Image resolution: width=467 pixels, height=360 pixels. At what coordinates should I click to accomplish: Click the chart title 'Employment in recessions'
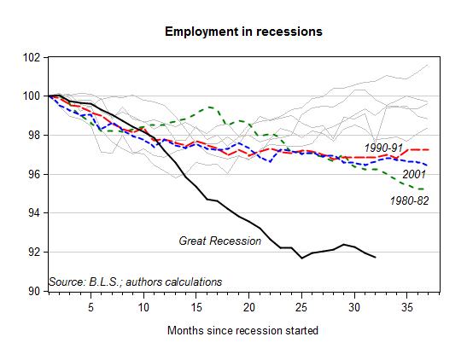click(x=243, y=32)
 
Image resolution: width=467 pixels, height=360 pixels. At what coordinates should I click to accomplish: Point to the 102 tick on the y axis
click(x=32, y=57)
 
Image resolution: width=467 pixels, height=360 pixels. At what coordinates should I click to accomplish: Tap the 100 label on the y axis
click(x=32, y=96)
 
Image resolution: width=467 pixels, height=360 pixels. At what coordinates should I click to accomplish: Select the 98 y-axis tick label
click(x=34, y=135)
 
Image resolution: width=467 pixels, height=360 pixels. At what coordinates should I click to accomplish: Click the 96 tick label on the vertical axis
click(x=34, y=174)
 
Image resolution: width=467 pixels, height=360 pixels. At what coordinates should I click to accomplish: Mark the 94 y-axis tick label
click(x=34, y=213)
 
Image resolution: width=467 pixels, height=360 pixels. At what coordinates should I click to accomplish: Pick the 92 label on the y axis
click(x=34, y=252)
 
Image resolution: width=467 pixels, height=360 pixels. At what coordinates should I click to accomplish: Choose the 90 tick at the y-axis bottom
click(x=34, y=291)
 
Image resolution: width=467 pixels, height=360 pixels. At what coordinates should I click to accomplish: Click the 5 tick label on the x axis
click(x=90, y=307)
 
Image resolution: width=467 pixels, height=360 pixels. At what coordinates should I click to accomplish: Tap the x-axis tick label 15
click(x=196, y=307)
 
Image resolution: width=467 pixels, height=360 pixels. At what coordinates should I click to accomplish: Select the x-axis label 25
click(x=301, y=307)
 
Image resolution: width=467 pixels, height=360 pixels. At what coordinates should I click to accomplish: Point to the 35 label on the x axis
click(x=407, y=307)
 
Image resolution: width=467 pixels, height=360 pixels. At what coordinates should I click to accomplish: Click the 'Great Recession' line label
click(x=220, y=241)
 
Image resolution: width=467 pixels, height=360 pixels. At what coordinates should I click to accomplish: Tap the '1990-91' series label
click(x=383, y=148)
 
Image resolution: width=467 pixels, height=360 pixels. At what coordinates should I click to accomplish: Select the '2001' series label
click(x=414, y=174)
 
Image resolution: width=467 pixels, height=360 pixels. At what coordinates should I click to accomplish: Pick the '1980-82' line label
click(x=410, y=200)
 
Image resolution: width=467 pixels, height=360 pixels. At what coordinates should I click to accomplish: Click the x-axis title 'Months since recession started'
click(x=242, y=330)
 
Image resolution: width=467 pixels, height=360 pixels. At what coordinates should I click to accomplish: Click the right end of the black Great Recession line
click(x=376, y=257)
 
